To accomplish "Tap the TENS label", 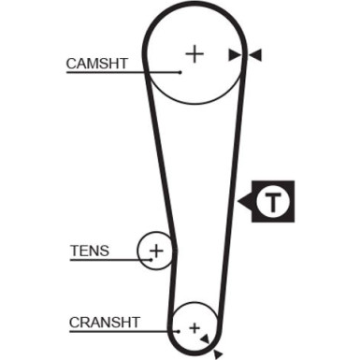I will tap(89, 251).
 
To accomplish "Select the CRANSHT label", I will tap(104, 323).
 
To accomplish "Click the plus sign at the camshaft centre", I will tap(194, 53).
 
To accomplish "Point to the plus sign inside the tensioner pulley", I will tap(157, 251).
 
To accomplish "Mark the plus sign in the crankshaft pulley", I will tap(194, 328).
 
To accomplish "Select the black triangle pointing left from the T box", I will tap(244, 200).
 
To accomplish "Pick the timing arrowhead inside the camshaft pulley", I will tap(234, 55).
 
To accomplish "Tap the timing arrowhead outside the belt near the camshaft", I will tap(255, 55).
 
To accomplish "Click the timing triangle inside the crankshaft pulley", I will tap(205, 337).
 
